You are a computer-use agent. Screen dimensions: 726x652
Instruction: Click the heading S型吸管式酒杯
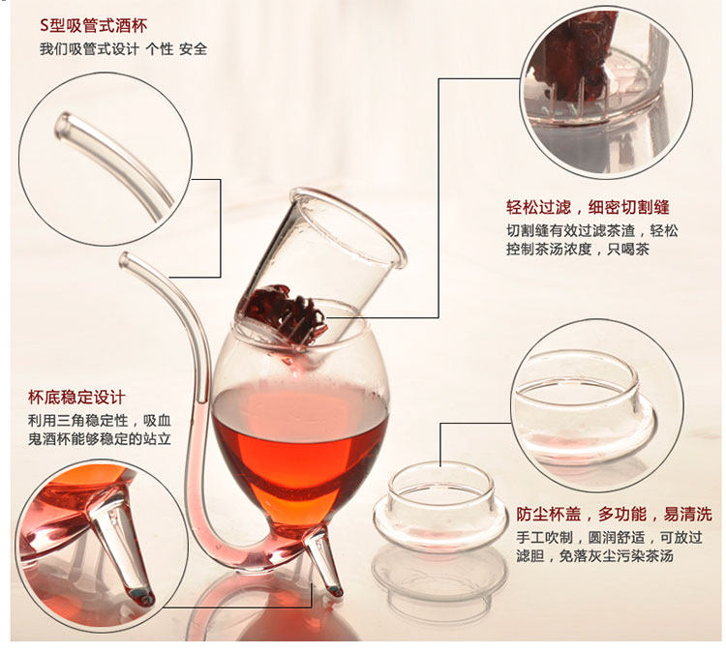[94, 25]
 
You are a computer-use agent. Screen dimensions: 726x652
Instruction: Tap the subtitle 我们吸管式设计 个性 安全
[123, 48]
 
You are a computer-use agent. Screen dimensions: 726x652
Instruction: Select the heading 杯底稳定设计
[76, 397]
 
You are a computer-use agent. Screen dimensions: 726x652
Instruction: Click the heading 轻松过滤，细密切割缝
[588, 207]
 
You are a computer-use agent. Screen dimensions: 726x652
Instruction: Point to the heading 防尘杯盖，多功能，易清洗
[614, 514]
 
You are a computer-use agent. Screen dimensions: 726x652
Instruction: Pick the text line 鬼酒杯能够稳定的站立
[100, 438]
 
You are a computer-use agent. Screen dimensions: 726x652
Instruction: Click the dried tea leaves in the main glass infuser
[286, 311]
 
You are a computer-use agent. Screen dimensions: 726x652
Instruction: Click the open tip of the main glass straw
[124, 259]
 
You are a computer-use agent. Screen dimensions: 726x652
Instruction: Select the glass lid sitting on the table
[439, 508]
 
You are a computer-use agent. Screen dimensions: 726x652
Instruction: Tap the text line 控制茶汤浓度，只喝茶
[578, 249]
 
